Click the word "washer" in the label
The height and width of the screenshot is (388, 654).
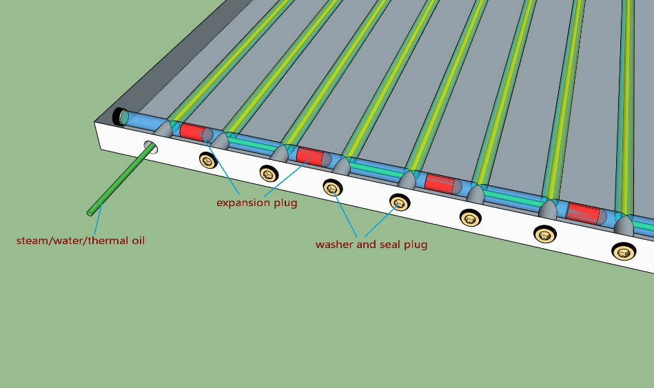tap(334, 244)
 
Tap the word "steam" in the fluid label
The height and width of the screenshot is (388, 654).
tap(32, 241)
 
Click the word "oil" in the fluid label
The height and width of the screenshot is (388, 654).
tap(135, 241)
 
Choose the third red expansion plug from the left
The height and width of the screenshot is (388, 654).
tap(440, 183)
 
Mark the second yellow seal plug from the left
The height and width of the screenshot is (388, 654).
tap(268, 172)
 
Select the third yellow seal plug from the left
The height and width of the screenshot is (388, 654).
tap(332, 187)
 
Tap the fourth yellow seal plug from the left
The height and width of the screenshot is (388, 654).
tap(399, 202)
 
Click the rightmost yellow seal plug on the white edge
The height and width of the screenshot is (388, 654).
tap(624, 252)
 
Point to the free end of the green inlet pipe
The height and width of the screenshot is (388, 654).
tap(90, 211)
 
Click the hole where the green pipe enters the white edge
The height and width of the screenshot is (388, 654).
tap(150, 146)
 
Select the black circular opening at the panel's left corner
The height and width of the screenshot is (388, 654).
tap(119, 116)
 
